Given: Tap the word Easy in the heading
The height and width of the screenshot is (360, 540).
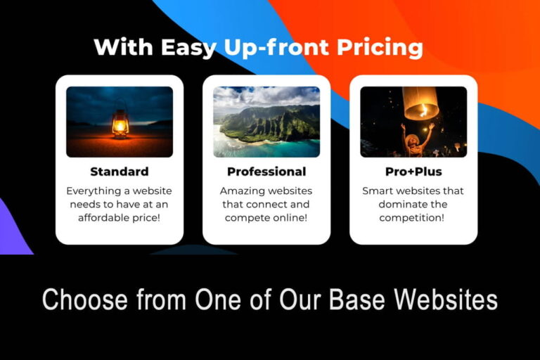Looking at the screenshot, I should [x=186, y=47].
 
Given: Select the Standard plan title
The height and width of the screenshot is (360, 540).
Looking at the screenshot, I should [x=120, y=172].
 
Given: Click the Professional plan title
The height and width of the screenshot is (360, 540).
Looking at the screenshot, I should [x=266, y=172].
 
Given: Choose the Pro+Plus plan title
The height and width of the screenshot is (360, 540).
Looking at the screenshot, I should [x=413, y=172].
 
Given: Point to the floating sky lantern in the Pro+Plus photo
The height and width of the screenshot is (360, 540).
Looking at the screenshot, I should [x=420, y=103].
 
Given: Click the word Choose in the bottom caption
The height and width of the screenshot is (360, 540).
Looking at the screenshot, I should [x=85, y=300].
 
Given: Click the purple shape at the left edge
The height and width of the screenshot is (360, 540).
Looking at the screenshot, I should [x=13, y=229].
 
